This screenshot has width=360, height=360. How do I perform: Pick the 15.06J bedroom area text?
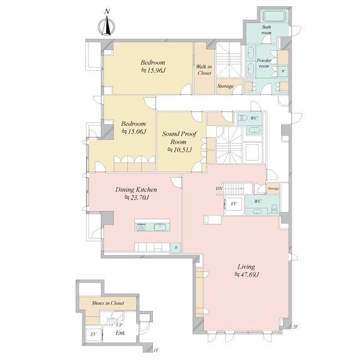pos(133,132)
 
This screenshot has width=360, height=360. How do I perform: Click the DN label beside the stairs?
pos(219,189)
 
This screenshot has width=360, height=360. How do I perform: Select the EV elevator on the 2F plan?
pos(233,204)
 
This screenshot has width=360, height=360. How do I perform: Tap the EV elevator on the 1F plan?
pos(93,335)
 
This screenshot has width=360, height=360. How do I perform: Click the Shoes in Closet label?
pos(108,303)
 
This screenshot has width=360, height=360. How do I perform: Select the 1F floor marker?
pos(156,352)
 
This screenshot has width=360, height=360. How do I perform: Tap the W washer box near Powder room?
pos(283,71)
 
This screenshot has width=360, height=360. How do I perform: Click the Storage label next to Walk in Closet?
pos(225,86)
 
